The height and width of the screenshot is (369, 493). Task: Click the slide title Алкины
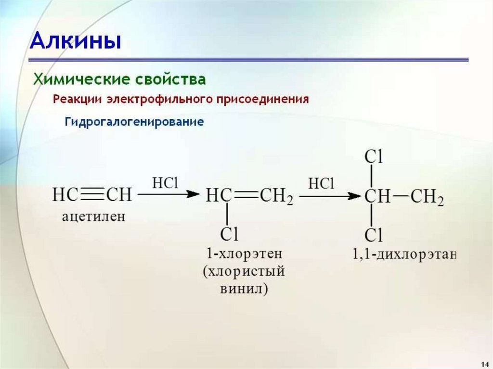[x=76, y=41]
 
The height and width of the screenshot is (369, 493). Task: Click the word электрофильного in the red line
[x=160, y=99]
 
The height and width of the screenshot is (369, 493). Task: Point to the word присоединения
[x=262, y=99]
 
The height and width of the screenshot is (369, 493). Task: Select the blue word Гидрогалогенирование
[x=134, y=122]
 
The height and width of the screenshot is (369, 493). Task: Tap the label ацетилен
[x=94, y=216]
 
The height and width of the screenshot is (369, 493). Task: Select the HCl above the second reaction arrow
[x=321, y=184]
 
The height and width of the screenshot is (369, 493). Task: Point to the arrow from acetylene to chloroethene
[x=169, y=194]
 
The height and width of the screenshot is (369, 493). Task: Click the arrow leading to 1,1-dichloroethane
[x=330, y=196]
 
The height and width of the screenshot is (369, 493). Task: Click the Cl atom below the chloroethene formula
[x=229, y=234]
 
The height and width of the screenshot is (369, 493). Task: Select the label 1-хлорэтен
[x=244, y=254]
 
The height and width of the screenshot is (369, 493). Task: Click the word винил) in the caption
[x=244, y=289]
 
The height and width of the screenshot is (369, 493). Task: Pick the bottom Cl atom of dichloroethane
[x=374, y=235]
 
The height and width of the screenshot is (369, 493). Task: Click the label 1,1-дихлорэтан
[x=404, y=254]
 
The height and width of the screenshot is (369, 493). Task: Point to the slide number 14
[x=486, y=363]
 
